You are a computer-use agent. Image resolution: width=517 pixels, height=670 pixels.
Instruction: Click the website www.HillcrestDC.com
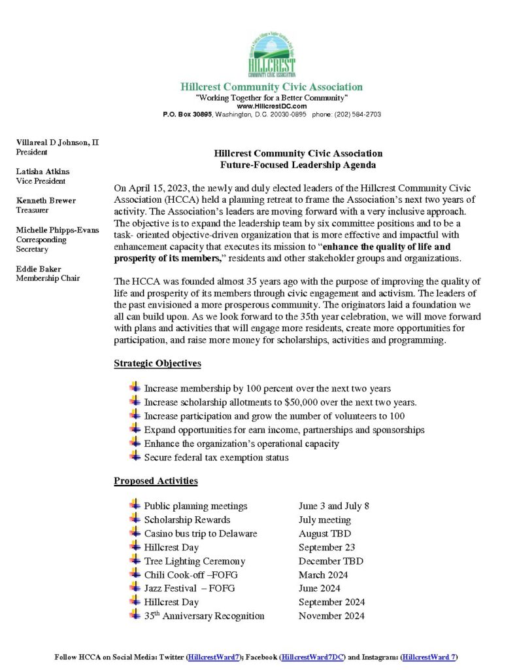pyautogui.click(x=271, y=106)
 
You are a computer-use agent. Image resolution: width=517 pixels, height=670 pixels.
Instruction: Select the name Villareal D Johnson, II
pyautogui.click(x=58, y=142)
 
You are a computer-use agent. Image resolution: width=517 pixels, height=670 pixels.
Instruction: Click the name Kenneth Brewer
pyautogui.click(x=46, y=201)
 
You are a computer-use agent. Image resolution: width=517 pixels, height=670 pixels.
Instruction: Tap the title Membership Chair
pyautogui.click(x=48, y=279)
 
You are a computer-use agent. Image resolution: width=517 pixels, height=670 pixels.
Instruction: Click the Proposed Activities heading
pyautogui.click(x=156, y=481)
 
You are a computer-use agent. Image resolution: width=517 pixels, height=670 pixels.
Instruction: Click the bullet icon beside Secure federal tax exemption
pyautogui.click(x=135, y=457)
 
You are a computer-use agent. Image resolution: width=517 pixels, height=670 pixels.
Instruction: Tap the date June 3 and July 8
pyautogui.click(x=334, y=506)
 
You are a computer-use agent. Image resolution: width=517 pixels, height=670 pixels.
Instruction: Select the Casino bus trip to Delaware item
pyautogui.click(x=201, y=533)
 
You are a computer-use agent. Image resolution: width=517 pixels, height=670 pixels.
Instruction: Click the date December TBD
pyautogui.click(x=331, y=561)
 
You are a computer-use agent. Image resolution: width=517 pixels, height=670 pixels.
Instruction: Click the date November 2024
pyautogui.click(x=331, y=616)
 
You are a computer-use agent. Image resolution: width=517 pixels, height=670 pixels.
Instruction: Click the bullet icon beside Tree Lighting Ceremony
pyautogui.click(x=135, y=560)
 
